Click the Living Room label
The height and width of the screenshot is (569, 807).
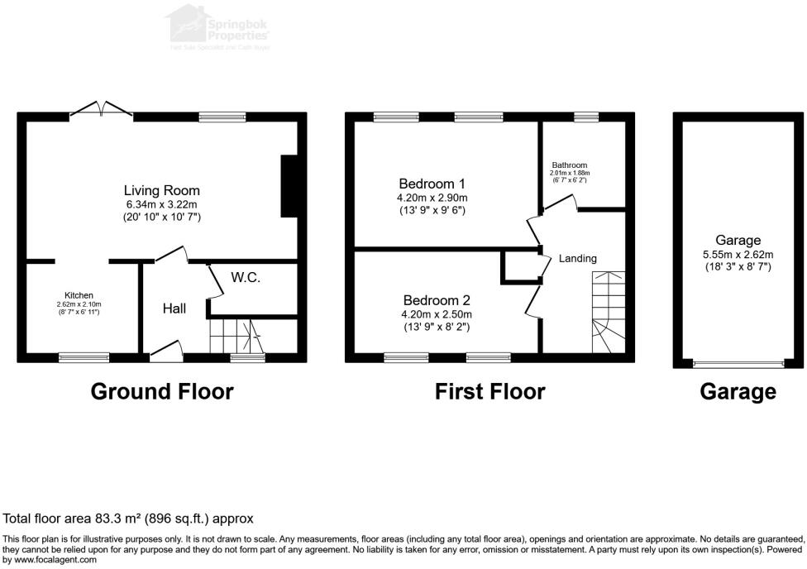click(x=162, y=190)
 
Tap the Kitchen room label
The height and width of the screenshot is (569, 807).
click(x=79, y=295)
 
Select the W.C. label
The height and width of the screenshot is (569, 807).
click(x=246, y=278)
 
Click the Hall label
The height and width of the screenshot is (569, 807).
click(x=174, y=308)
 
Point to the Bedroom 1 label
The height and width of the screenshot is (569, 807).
click(x=432, y=184)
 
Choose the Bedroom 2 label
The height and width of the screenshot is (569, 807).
click(x=437, y=300)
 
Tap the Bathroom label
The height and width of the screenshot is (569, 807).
click(x=569, y=165)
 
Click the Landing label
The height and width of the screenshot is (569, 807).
click(x=577, y=259)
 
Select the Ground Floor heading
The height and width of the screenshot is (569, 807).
click(x=161, y=391)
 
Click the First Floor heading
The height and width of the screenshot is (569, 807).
click(x=489, y=391)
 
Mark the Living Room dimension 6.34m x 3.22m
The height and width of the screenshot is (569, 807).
click(x=162, y=203)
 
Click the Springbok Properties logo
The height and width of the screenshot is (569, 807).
click(x=218, y=26)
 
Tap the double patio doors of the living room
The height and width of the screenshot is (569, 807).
click(x=102, y=111)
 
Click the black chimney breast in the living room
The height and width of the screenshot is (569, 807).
click(x=290, y=186)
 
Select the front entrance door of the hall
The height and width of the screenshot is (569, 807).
click(x=166, y=352)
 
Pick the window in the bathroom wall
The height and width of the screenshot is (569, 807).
click(x=586, y=117)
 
